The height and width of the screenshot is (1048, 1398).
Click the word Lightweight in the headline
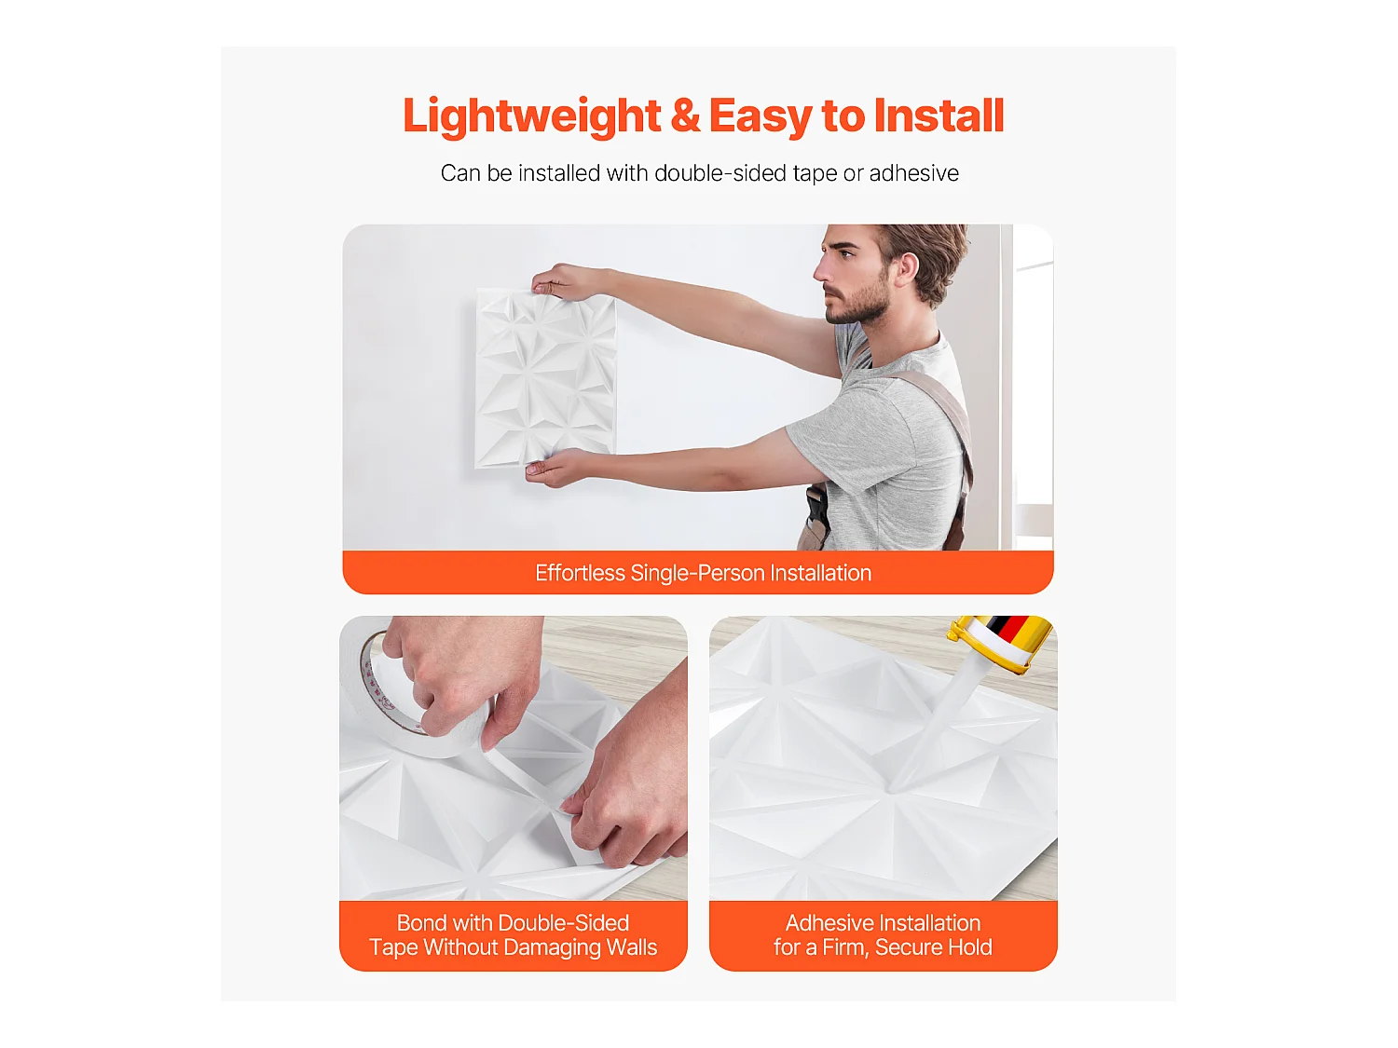tap(531, 116)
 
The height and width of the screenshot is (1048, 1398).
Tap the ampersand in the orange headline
tap(685, 116)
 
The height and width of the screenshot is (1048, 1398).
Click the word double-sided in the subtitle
tap(720, 173)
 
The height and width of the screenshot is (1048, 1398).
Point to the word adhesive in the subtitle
tap(913, 173)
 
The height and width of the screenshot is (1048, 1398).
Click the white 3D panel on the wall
tap(546, 377)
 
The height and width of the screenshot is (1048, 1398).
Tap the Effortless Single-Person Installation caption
tap(703, 573)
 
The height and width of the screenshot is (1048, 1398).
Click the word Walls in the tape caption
tap(632, 947)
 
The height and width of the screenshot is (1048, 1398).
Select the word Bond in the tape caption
tap(421, 923)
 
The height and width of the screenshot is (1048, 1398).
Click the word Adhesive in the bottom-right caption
tap(829, 923)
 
